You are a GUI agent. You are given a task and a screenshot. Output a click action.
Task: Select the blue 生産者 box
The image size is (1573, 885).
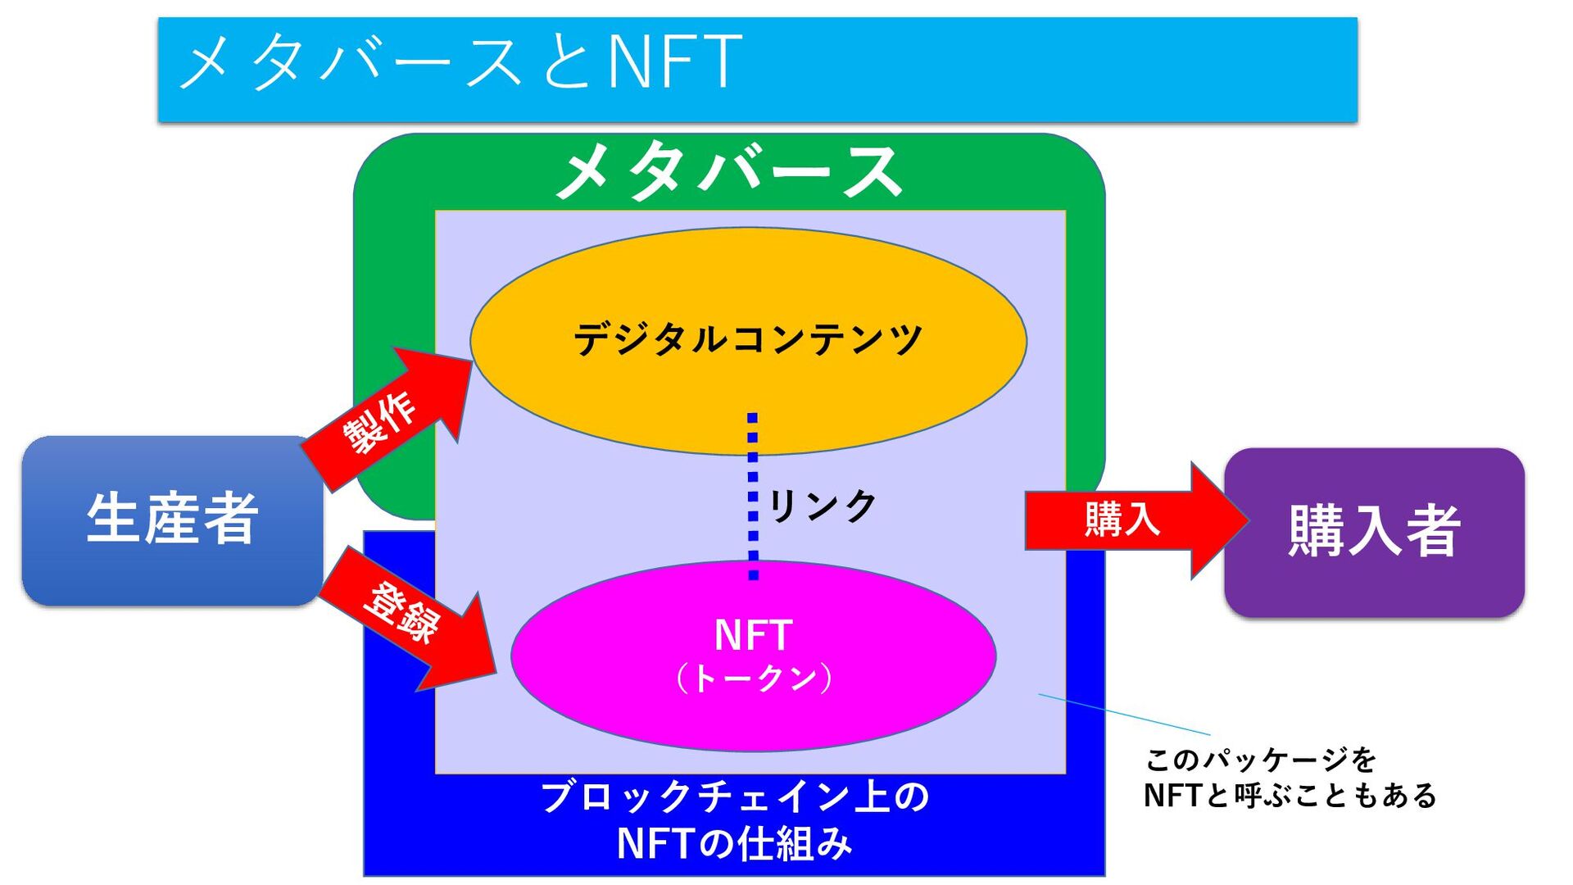[172, 520]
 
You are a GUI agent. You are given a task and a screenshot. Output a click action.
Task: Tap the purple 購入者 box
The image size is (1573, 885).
[1374, 532]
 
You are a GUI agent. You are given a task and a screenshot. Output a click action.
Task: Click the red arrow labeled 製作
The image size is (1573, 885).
[381, 422]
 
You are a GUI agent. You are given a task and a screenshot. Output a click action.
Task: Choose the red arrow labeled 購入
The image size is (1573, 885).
[1122, 520]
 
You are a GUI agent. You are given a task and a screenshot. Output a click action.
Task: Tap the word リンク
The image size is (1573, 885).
[823, 506]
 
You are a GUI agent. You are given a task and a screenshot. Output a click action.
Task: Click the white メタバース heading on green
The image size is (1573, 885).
[728, 172]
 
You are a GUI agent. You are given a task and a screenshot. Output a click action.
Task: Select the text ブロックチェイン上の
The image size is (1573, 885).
[734, 796]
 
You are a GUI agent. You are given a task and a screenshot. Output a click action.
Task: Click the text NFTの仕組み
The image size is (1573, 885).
[734, 844]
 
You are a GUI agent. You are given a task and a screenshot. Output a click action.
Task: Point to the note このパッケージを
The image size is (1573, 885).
[1260, 760]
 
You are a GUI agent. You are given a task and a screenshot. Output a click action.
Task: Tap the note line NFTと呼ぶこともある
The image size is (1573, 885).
[1290, 796]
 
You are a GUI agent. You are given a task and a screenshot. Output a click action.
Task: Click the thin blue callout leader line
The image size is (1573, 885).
[1124, 715]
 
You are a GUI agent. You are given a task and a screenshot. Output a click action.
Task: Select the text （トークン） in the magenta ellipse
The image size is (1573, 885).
[754, 678]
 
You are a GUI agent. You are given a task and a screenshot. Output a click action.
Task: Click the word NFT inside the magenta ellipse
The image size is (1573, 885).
[753, 635]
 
